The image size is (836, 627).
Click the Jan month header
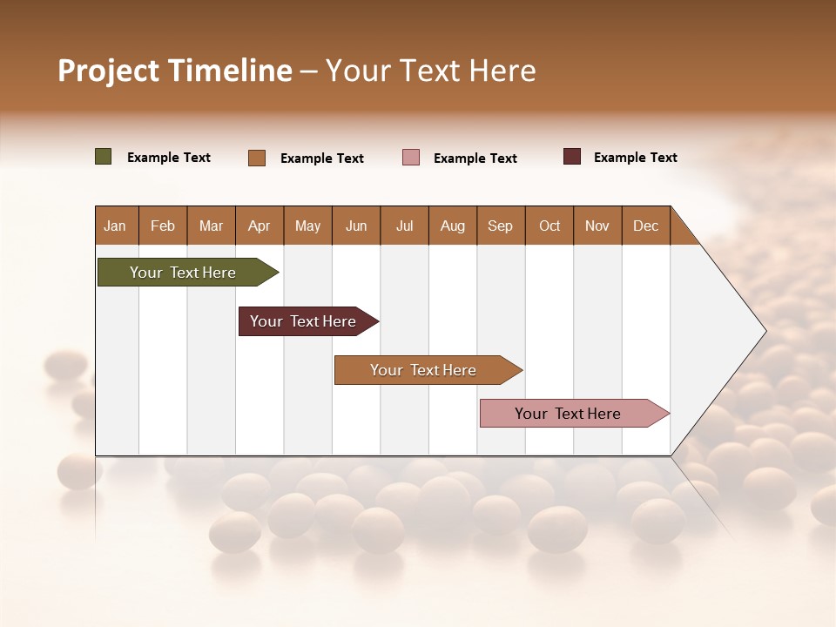(x=115, y=226)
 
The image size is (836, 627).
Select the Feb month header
(x=163, y=226)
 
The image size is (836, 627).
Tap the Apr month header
(x=259, y=226)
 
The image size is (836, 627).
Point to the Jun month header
(x=356, y=226)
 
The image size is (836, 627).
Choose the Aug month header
(x=452, y=226)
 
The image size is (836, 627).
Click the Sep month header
(x=500, y=226)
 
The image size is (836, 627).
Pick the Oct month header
(x=549, y=226)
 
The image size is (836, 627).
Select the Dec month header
(x=645, y=226)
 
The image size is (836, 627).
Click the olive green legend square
(x=103, y=157)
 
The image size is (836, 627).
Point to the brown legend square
(x=257, y=158)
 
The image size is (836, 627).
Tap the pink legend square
(x=411, y=157)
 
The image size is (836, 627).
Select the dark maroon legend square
(x=572, y=157)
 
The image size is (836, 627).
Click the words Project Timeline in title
(x=175, y=71)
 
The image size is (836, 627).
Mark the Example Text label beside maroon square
(x=635, y=157)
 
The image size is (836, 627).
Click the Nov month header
(x=597, y=226)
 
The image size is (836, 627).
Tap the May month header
(x=307, y=226)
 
